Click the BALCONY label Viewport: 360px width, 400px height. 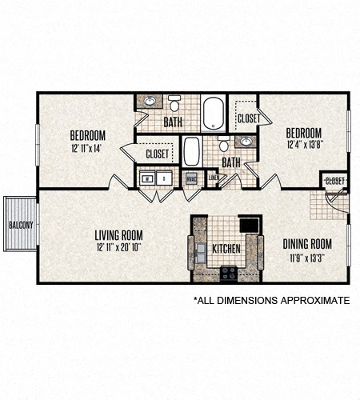tap(20, 225)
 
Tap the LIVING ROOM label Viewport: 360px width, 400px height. tap(118, 234)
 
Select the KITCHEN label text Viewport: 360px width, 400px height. tap(225, 249)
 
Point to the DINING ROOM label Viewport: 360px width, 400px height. tap(307, 244)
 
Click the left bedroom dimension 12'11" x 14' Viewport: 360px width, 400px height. tap(87, 147)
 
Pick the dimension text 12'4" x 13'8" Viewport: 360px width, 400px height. tap(304, 145)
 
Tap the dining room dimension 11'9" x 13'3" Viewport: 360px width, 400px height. tap(307, 257)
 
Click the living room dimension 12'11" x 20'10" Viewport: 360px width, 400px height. tap(118, 246)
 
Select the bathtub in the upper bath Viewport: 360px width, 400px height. tap(214, 112)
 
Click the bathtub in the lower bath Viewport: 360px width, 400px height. tap(191, 151)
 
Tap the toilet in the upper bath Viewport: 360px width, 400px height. tap(174, 104)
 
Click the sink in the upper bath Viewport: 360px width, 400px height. tap(150, 102)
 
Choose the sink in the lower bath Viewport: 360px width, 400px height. tap(246, 142)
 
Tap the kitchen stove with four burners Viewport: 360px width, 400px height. tap(229, 272)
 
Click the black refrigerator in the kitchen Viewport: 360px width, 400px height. tap(250, 225)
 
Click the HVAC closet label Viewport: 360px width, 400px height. tap(191, 179)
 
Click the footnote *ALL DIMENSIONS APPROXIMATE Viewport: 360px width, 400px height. tap(271, 301)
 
